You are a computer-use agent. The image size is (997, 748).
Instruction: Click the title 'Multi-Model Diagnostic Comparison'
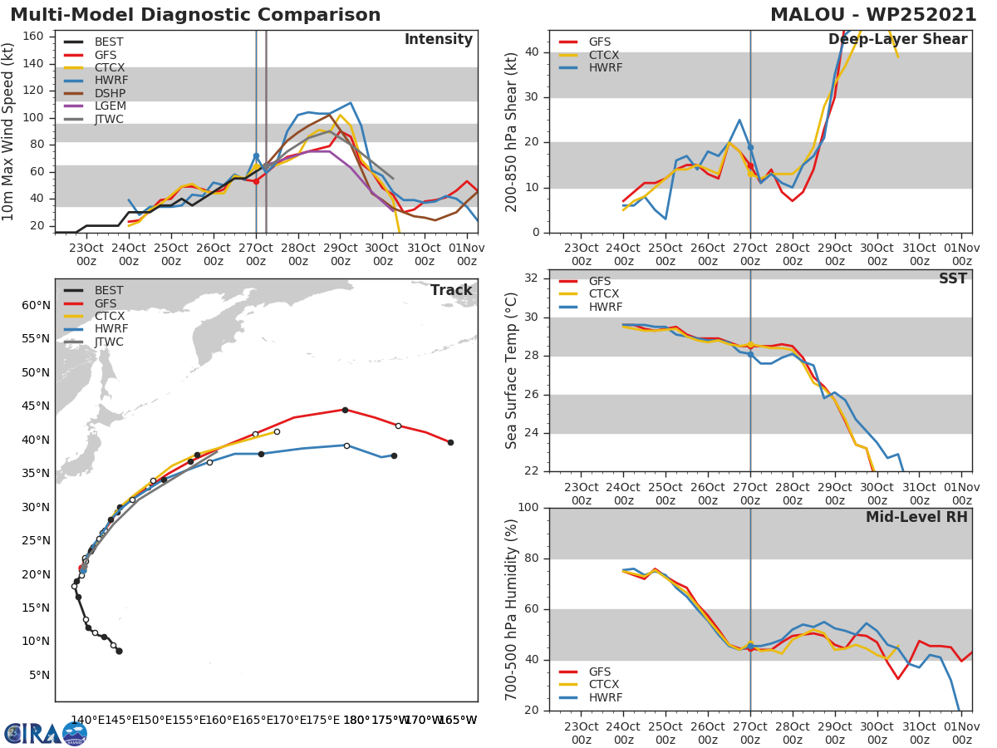point(195,15)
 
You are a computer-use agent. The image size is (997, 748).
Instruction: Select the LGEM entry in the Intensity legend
point(109,106)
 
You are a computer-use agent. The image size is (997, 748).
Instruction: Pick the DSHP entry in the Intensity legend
point(109,93)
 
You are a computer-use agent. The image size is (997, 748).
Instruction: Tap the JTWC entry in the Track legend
point(109,342)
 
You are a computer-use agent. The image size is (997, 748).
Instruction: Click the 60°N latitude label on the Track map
point(35,305)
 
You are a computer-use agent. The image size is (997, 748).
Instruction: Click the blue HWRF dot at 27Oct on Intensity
point(256,155)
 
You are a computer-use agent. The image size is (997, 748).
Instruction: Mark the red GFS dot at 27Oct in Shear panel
point(750,166)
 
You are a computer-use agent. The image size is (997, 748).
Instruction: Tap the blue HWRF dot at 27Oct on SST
point(750,355)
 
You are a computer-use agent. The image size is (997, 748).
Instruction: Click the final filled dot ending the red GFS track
point(450,442)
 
